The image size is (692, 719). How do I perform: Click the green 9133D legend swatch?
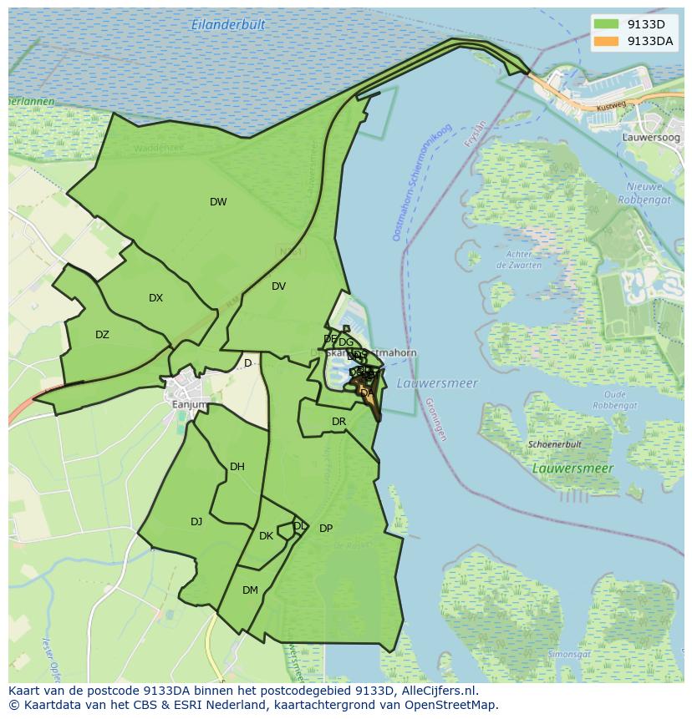tap(607, 24)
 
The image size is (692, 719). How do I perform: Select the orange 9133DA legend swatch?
tap(607, 41)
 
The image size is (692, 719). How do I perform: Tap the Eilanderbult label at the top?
tap(228, 25)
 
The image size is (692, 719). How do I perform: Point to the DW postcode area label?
tap(218, 202)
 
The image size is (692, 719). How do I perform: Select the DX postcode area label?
tap(156, 298)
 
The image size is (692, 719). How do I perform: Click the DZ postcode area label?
tap(102, 335)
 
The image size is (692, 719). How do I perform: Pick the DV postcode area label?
tap(278, 286)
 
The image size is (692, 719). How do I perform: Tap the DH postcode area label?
tap(237, 467)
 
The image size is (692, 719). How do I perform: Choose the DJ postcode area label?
tap(196, 522)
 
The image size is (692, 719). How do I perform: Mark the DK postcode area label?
tap(266, 536)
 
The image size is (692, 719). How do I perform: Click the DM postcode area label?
tap(250, 590)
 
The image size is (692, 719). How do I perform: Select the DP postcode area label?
tap(326, 529)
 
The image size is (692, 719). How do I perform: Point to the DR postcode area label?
tap(338, 422)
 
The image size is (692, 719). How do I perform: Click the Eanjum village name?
tap(188, 405)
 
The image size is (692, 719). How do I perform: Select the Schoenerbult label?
tap(554, 445)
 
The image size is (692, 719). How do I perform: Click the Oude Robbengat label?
tap(614, 399)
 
